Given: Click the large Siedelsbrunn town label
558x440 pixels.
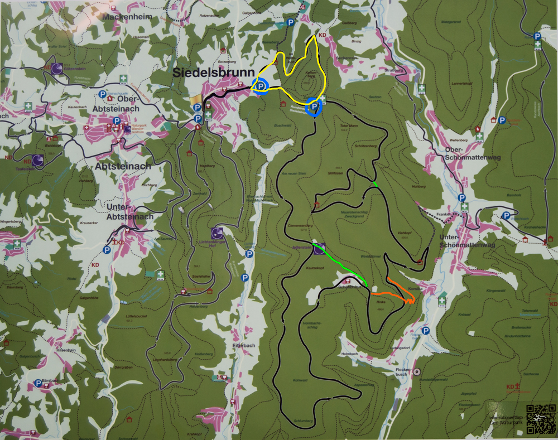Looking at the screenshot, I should tap(213, 73).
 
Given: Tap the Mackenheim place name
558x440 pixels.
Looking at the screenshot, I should tap(127, 17).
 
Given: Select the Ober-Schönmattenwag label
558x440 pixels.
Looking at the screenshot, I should tap(473, 153).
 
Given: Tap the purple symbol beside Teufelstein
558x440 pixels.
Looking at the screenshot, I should tap(38, 161).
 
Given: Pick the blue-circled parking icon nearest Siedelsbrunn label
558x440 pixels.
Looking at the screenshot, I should tap(260, 86).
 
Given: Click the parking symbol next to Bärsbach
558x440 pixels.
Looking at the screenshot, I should tap(37, 383).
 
